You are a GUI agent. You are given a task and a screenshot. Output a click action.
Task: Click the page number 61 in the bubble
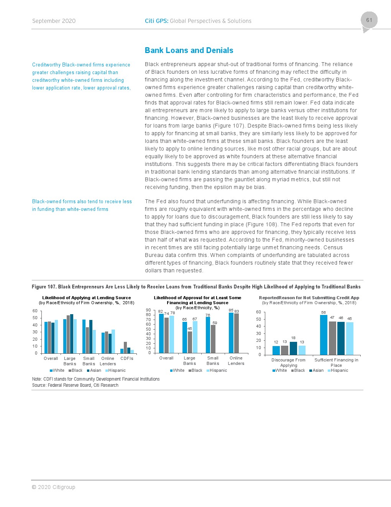(x=369, y=20)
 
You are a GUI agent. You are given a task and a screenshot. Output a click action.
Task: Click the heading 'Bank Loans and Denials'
(x=189, y=50)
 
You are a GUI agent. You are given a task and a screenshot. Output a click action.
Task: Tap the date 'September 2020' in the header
(x=54, y=21)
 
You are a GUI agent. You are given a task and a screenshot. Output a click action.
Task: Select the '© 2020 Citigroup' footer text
(x=53, y=487)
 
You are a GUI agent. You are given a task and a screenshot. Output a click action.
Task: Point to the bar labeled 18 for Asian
(x=293, y=348)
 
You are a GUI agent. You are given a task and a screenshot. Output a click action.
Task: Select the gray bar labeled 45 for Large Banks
(x=190, y=342)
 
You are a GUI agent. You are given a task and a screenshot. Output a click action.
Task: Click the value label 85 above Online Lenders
(x=231, y=310)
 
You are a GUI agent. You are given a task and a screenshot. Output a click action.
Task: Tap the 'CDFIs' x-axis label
(x=127, y=358)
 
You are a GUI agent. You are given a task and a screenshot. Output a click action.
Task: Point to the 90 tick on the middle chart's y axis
(x=148, y=310)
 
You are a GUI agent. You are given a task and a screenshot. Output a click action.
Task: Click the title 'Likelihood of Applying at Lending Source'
(x=86, y=298)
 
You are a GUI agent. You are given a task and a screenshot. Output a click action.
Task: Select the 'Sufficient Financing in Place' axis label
(x=336, y=363)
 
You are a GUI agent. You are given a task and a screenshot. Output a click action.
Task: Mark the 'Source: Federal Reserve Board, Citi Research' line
(x=75, y=385)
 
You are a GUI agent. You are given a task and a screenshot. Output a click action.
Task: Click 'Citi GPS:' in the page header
(x=156, y=21)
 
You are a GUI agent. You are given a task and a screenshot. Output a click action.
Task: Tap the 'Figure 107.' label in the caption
(x=44, y=287)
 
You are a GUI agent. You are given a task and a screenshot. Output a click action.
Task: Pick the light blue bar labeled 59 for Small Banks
(x=213, y=339)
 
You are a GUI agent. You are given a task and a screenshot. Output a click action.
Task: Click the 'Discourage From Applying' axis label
(x=288, y=363)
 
